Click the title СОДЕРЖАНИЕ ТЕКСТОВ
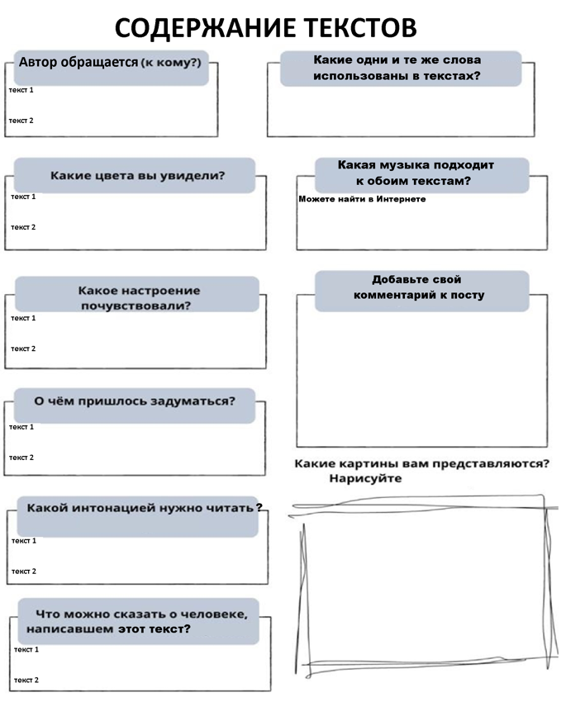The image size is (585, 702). coord(265,28)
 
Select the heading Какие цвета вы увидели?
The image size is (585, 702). coord(138,175)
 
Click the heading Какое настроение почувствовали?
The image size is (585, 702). coord(139,298)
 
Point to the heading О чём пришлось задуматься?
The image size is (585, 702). coord(134,401)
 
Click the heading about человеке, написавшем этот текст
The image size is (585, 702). coord(137,621)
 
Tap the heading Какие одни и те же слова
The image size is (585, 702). coord(397,68)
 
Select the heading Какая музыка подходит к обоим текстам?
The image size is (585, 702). coord(416,173)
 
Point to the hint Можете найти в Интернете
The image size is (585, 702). coord(362,199)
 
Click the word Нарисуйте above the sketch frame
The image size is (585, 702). coord(365,478)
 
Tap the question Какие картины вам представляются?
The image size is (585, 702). coord(422,463)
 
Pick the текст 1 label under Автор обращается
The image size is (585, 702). coord(21,90)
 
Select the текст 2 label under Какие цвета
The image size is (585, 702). coord(23,227)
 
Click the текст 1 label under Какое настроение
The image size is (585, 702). coord(23,318)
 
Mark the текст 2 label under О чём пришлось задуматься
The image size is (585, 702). coord(21,458)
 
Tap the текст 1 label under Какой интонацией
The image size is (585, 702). coord(24,541)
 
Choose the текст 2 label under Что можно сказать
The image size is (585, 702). coord(26,681)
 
